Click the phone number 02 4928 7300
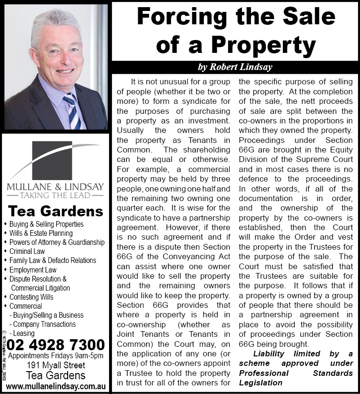click(56, 344)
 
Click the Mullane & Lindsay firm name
click(55, 186)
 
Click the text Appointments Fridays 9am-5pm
click(56, 356)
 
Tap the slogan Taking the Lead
click(55, 195)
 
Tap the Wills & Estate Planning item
click(40, 233)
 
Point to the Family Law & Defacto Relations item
click(52, 261)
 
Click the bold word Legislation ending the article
click(260, 383)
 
